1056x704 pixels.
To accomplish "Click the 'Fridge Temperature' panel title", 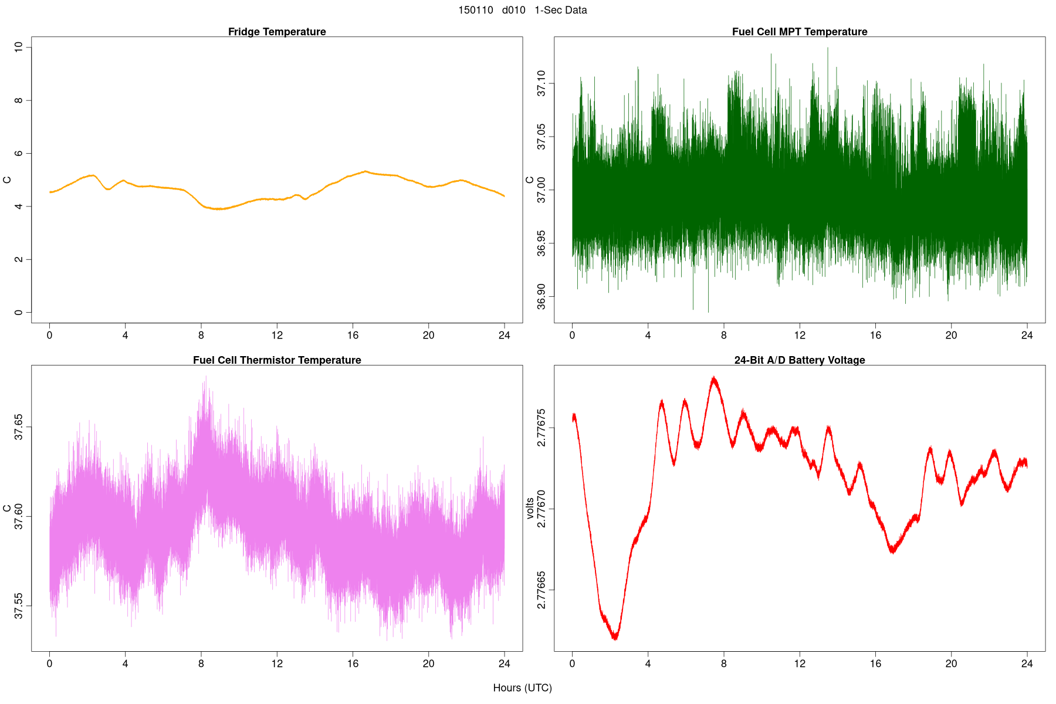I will pyautogui.click(x=277, y=32).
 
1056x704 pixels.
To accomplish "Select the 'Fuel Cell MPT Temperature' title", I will pyautogui.click(x=800, y=32).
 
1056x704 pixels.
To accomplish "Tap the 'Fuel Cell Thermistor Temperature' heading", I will pyautogui.click(x=277, y=360).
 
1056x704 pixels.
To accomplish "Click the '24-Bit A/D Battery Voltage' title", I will pyautogui.click(x=800, y=360).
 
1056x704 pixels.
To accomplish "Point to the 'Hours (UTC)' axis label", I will pyautogui.click(x=522, y=688).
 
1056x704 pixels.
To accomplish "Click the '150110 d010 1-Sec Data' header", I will pyautogui.click(x=522, y=10).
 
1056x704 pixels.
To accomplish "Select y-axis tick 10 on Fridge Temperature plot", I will pyautogui.click(x=19, y=47).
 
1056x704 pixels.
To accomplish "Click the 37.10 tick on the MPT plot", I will pyautogui.click(x=541, y=83).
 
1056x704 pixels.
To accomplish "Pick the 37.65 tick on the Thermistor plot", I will pyautogui.click(x=19, y=427).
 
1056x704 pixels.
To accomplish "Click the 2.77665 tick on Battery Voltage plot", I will pyautogui.click(x=541, y=590).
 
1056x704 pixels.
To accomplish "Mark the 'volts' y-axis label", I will pyautogui.click(x=530, y=508).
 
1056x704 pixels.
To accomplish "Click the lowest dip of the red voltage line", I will pyautogui.click(x=615, y=638).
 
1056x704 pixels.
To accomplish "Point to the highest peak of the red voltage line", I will pyautogui.click(x=714, y=377).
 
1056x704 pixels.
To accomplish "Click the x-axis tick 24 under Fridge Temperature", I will pyautogui.click(x=505, y=336).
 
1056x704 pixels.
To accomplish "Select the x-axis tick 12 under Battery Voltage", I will pyautogui.click(x=800, y=664).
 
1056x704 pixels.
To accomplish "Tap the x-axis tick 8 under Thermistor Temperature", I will pyautogui.click(x=201, y=664).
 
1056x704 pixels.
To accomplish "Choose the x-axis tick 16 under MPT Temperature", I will pyautogui.click(x=875, y=336).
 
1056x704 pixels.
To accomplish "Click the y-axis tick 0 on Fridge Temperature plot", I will pyautogui.click(x=19, y=313).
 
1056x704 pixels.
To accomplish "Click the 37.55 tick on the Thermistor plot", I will pyautogui.click(x=19, y=605).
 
